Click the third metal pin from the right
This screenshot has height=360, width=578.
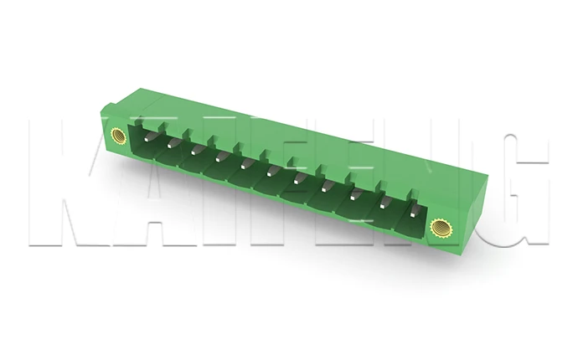click(x=355, y=193)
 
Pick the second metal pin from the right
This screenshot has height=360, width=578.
click(x=384, y=201)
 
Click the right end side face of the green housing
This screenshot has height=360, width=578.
click(x=473, y=209)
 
